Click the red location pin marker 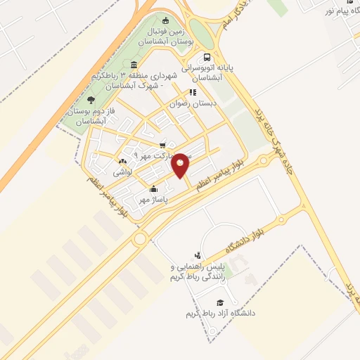[181, 165]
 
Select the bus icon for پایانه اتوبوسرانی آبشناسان [207, 58]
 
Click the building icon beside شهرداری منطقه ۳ [134, 65]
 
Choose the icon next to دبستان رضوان [191, 91]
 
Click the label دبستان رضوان [193, 103]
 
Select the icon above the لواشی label [124, 162]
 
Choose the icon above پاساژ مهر [153, 188]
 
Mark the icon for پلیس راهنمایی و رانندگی [198, 255]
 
